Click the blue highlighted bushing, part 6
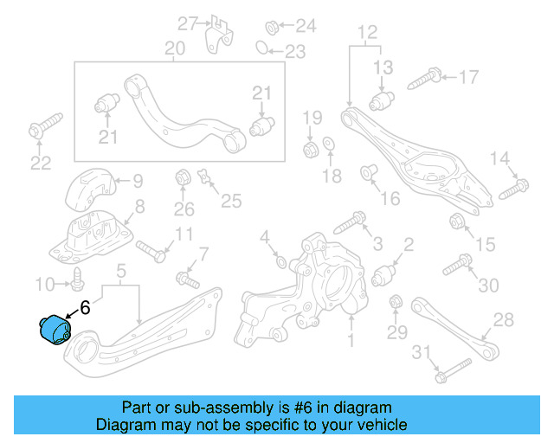pos(54,330)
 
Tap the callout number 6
pos(85,306)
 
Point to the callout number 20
pos(175,49)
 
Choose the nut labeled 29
pos(396,303)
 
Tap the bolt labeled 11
pos(152,252)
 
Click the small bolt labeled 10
pos(79,280)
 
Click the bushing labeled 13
pos(383,101)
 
